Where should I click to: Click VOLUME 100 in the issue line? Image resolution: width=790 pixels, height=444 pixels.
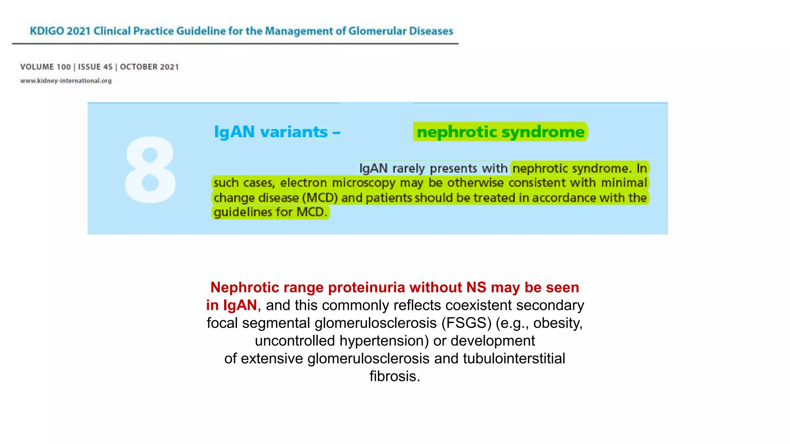coord(46,67)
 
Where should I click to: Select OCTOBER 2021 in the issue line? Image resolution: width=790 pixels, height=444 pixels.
coord(149,67)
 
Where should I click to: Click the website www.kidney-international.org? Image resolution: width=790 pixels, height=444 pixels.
coord(66,81)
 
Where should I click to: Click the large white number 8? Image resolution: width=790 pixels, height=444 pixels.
coord(150,170)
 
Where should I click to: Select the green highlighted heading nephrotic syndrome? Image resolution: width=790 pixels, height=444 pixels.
coord(500,132)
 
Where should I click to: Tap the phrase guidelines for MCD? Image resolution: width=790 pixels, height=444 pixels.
coord(270,212)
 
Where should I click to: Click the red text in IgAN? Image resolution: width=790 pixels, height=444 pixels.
coord(231,305)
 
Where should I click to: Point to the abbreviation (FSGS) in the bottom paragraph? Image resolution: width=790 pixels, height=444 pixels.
coord(466,323)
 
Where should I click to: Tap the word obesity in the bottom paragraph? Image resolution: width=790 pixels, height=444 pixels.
coord(557,323)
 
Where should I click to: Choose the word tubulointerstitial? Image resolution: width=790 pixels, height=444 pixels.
coord(514,358)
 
